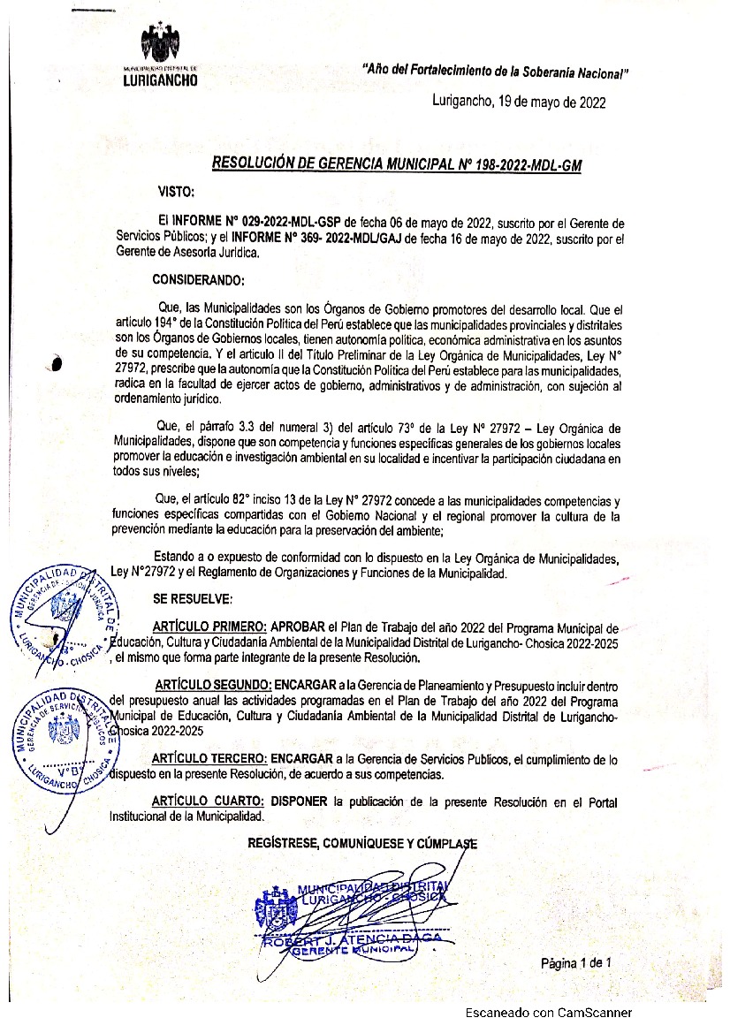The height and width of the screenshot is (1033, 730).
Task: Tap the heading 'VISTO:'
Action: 176,191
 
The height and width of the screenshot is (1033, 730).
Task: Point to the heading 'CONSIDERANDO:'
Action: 198,281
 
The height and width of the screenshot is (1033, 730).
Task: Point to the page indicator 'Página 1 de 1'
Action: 577,962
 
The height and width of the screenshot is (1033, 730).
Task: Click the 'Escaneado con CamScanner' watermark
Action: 550,1014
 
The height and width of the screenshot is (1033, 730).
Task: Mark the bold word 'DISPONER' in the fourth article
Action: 300,801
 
